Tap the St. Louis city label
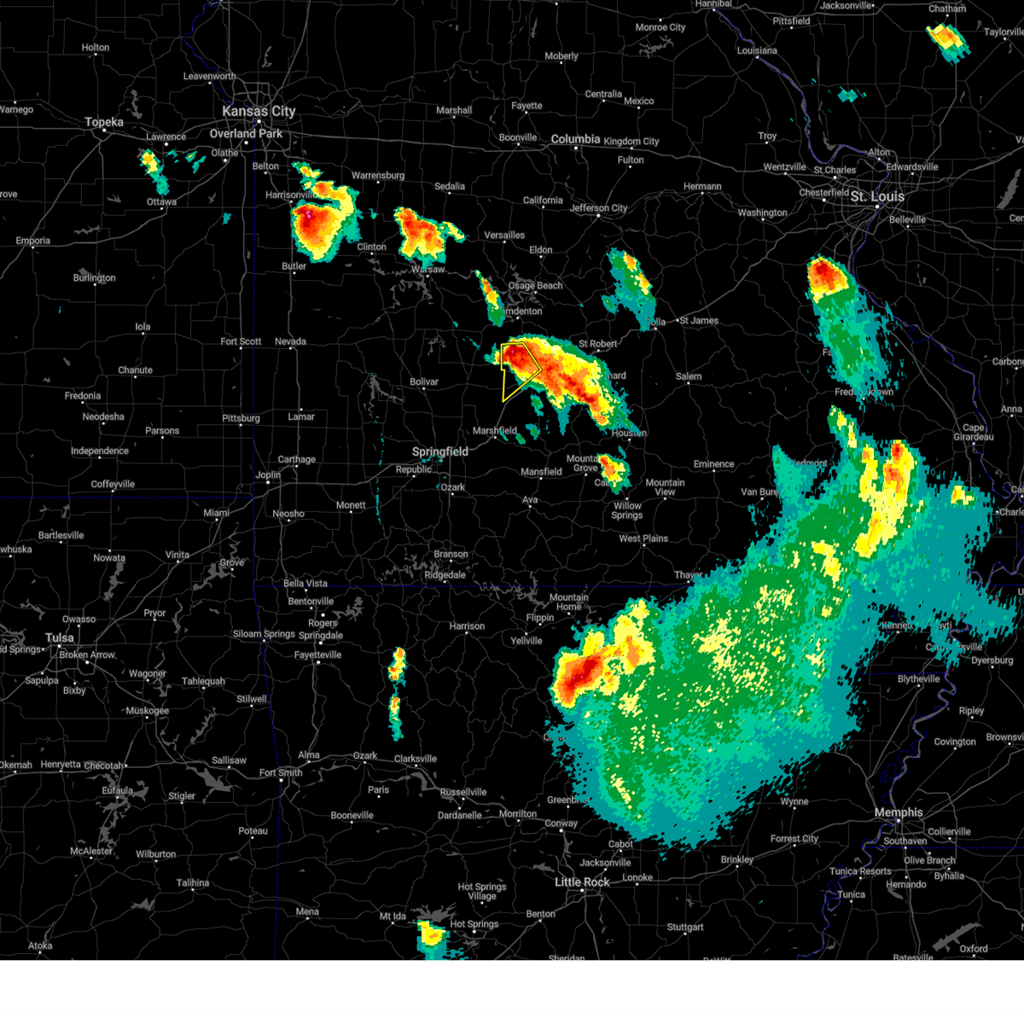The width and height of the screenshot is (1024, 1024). point(876,196)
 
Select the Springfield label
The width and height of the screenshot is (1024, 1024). point(439,451)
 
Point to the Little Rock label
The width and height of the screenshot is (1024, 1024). point(582,881)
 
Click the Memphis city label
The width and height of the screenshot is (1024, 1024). point(898,812)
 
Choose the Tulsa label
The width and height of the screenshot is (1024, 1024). point(60,637)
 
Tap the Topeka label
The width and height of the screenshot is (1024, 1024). point(104,122)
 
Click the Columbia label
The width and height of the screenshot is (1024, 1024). point(575,139)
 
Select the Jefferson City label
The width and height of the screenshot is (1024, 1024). point(598,208)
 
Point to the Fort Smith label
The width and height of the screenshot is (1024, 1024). point(281,772)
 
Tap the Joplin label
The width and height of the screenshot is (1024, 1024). point(268,474)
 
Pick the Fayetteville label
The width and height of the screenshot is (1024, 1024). point(317,655)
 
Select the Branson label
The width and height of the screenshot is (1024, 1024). point(451,554)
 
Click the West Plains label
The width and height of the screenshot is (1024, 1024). point(643,538)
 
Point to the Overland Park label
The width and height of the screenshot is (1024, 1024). point(246,133)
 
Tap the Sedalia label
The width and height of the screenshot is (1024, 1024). point(450,186)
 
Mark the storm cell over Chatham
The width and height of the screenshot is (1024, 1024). point(946,38)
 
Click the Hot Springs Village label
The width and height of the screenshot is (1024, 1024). point(481,892)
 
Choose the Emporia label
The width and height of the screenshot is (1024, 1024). point(32,241)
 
